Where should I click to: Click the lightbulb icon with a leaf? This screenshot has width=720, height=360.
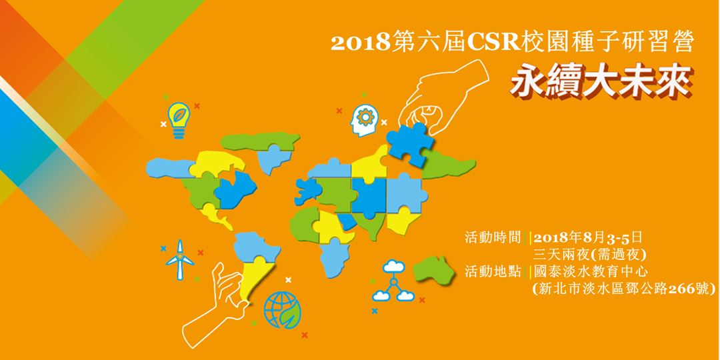177,120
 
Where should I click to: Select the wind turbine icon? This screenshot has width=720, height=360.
179,260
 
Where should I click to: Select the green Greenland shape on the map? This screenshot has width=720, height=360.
257,141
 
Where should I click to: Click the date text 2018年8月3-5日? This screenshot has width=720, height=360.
587,238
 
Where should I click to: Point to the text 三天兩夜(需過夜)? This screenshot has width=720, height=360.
591,255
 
